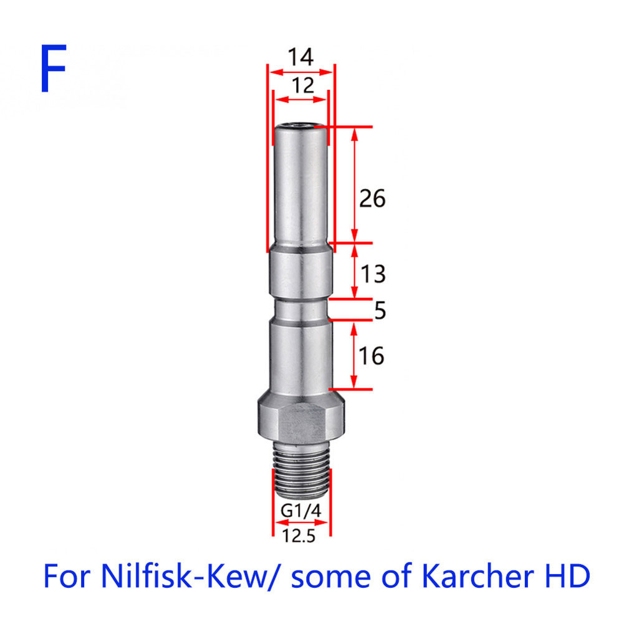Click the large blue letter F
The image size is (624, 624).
[x=53, y=68]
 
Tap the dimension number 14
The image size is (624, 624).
[x=300, y=57]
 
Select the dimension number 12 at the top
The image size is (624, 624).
[x=302, y=85]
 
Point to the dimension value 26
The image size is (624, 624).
[x=372, y=198]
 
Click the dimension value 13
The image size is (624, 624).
[x=373, y=274]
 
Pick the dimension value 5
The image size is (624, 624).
[x=380, y=310]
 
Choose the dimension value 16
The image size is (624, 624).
[x=372, y=356]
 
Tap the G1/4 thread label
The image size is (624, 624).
[x=300, y=511]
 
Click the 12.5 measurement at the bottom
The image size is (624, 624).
[x=299, y=536]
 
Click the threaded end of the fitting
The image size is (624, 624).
[x=301, y=469]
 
